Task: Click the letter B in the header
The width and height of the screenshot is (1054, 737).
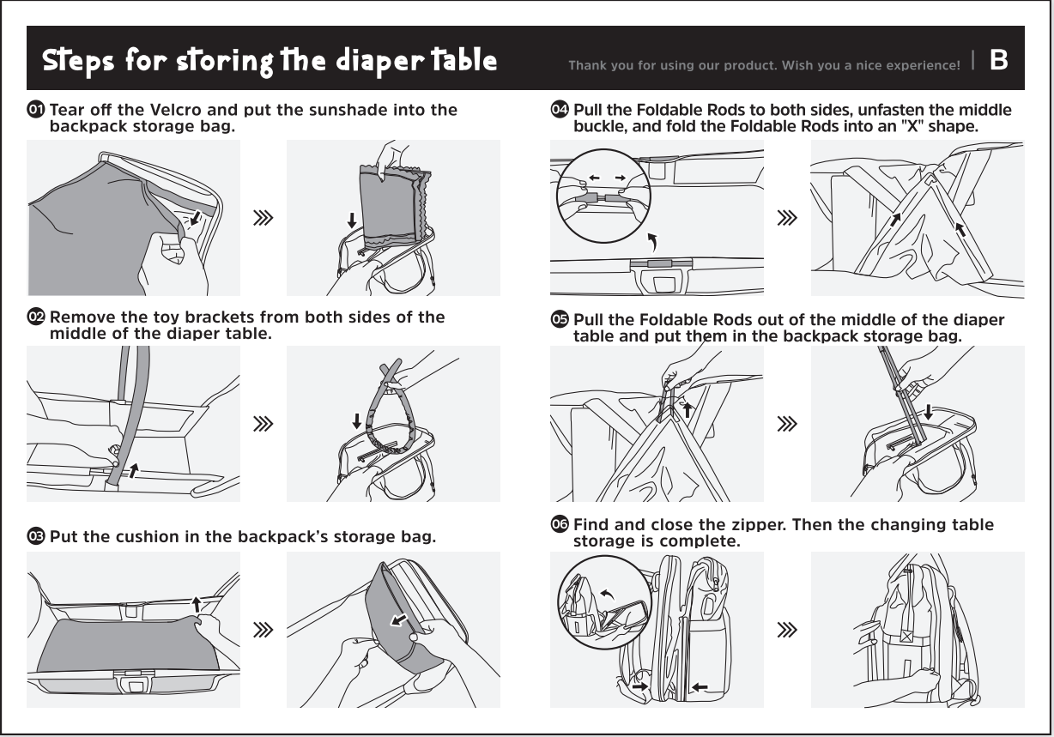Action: [x=998, y=60]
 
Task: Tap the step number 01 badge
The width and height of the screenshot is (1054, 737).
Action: [x=36, y=110]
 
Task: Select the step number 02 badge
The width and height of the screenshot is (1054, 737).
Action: [x=36, y=317]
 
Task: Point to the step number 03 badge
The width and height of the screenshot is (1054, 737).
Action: [x=36, y=536]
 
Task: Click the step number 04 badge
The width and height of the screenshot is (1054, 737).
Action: [x=560, y=110]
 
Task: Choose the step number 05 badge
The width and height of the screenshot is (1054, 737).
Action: [x=560, y=319]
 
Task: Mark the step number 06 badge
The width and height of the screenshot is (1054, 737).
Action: [x=560, y=524]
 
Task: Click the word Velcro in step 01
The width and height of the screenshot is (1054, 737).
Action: [x=176, y=110]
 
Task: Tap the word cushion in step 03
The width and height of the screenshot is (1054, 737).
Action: [x=148, y=536]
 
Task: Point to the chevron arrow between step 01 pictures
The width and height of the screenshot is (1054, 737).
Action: [x=263, y=218]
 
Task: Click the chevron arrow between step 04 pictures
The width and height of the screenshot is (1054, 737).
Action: [x=787, y=218]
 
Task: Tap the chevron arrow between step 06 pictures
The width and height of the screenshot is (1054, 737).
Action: [x=787, y=629]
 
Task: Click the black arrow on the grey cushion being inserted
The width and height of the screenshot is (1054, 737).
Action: [x=399, y=620]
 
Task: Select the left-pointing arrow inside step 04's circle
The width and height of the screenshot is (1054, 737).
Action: [x=594, y=178]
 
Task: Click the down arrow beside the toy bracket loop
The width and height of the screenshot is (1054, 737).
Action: [x=357, y=421]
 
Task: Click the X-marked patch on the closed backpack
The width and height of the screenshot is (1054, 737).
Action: [x=906, y=637]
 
